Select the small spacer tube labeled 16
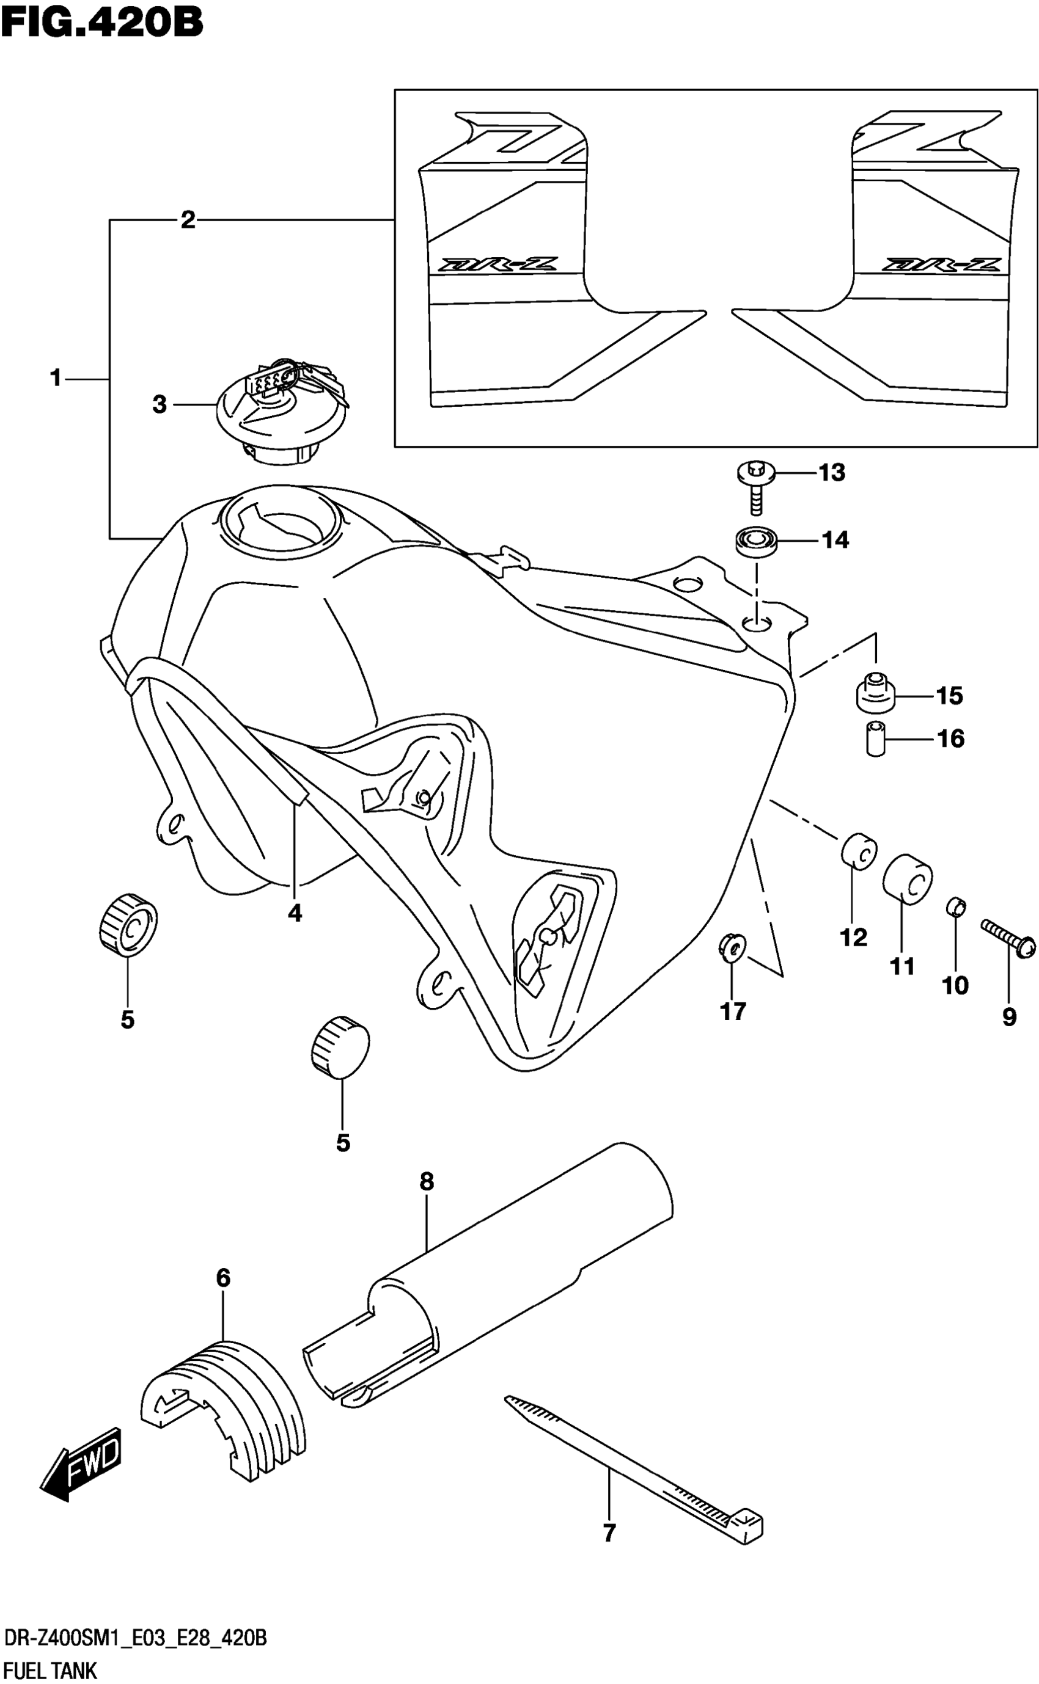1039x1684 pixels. (875, 738)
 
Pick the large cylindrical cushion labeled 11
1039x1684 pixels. (907, 879)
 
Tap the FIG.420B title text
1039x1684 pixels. (101, 22)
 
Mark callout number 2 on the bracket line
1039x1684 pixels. (188, 221)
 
